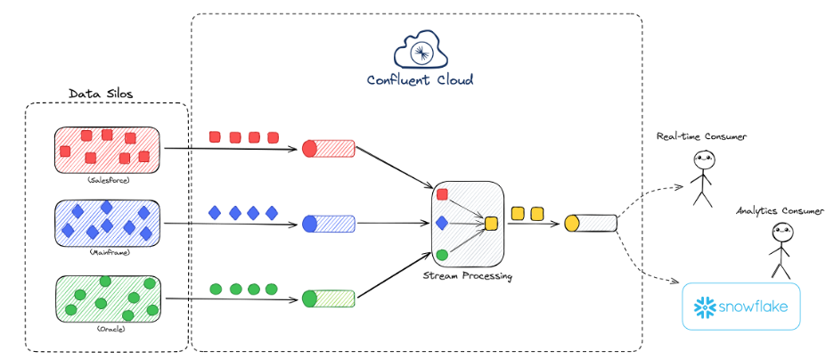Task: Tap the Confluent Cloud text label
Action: coord(420,80)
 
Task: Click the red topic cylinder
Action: coord(328,148)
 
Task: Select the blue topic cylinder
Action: coord(328,223)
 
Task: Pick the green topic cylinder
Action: coord(328,298)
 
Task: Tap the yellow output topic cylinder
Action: coord(591,223)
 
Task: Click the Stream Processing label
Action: coord(469,276)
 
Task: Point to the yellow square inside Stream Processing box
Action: coord(491,223)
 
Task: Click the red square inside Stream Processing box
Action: coord(442,193)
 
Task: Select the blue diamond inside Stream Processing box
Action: coord(442,223)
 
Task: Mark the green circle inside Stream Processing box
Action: coord(442,254)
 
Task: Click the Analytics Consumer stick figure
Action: coord(781,250)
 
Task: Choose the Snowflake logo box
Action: coord(740,308)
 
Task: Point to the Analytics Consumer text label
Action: coord(780,211)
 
